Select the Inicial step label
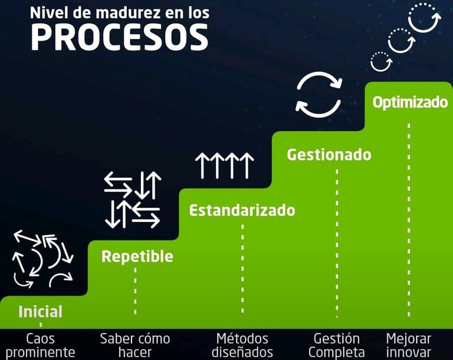point(40,311)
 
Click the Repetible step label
point(137,256)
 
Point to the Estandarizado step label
point(242,210)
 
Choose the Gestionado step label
point(329,154)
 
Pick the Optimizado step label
point(410,102)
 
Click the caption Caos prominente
point(41,345)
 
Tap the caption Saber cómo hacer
point(135,345)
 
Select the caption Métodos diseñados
point(242,345)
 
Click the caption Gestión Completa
point(336,345)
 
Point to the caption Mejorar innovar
point(408,345)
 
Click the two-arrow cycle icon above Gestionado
point(319,94)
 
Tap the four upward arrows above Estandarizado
point(224,165)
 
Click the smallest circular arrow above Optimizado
point(380,61)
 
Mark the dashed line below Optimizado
point(408,218)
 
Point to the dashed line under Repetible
point(135,292)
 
